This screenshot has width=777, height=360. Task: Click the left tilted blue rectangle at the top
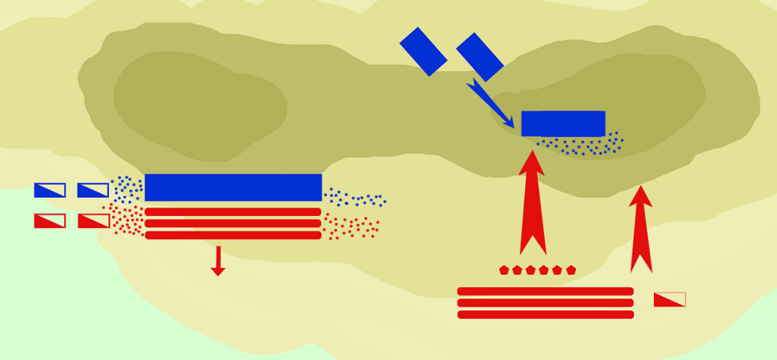pyautogui.click(x=423, y=51)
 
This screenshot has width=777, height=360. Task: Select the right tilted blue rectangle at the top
pyautogui.click(x=479, y=57)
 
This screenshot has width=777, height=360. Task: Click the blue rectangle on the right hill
pyautogui.click(x=563, y=124)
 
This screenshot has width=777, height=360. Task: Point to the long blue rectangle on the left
pyautogui.click(x=233, y=187)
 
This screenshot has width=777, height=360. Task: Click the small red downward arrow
pyautogui.click(x=218, y=262)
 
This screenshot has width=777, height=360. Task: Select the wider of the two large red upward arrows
pyautogui.click(x=532, y=204)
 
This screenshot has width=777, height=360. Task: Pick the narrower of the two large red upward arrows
pyautogui.click(x=641, y=230)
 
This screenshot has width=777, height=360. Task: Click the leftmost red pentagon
pyautogui.click(x=504, y=270)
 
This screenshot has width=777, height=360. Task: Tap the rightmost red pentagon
pyautogui.click(x=571, y=270)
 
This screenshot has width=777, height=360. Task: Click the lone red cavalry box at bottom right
pyautogui.click(x=669, y=299)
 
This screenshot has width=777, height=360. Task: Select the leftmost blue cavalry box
pyautogui.click(x=50, y=190)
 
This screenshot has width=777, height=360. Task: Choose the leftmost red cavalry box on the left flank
pyautogui.click(x=50, y=221)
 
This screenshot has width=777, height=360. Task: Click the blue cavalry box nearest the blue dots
pyautogui.click(x=93, y=190)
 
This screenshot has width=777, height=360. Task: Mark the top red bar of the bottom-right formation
pyautogui.click(x=545, y=291)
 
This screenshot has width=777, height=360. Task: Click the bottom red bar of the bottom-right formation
pyautogui.click(x=545, y=315)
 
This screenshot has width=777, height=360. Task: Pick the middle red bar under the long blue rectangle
pyautogui.click(x=233, y=223)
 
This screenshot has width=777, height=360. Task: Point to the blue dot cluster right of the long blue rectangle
pyautogui.click(x=354, y=198)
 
